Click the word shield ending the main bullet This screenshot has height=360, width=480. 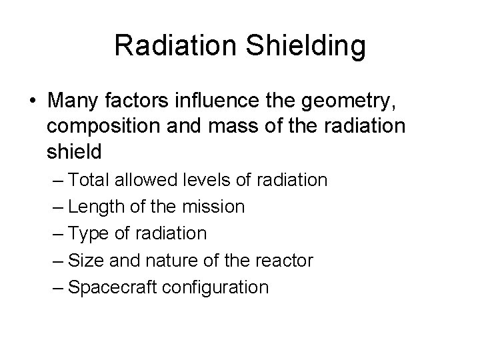tap(75, 152)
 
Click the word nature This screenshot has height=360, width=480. tap(160, 261)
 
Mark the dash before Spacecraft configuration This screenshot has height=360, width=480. tap(59, 287)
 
